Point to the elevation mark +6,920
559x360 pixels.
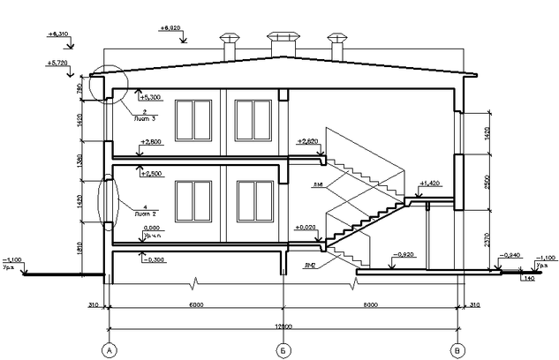pos(171,28)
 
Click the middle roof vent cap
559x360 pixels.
pos(283,39)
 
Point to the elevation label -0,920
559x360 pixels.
pos(404,253)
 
